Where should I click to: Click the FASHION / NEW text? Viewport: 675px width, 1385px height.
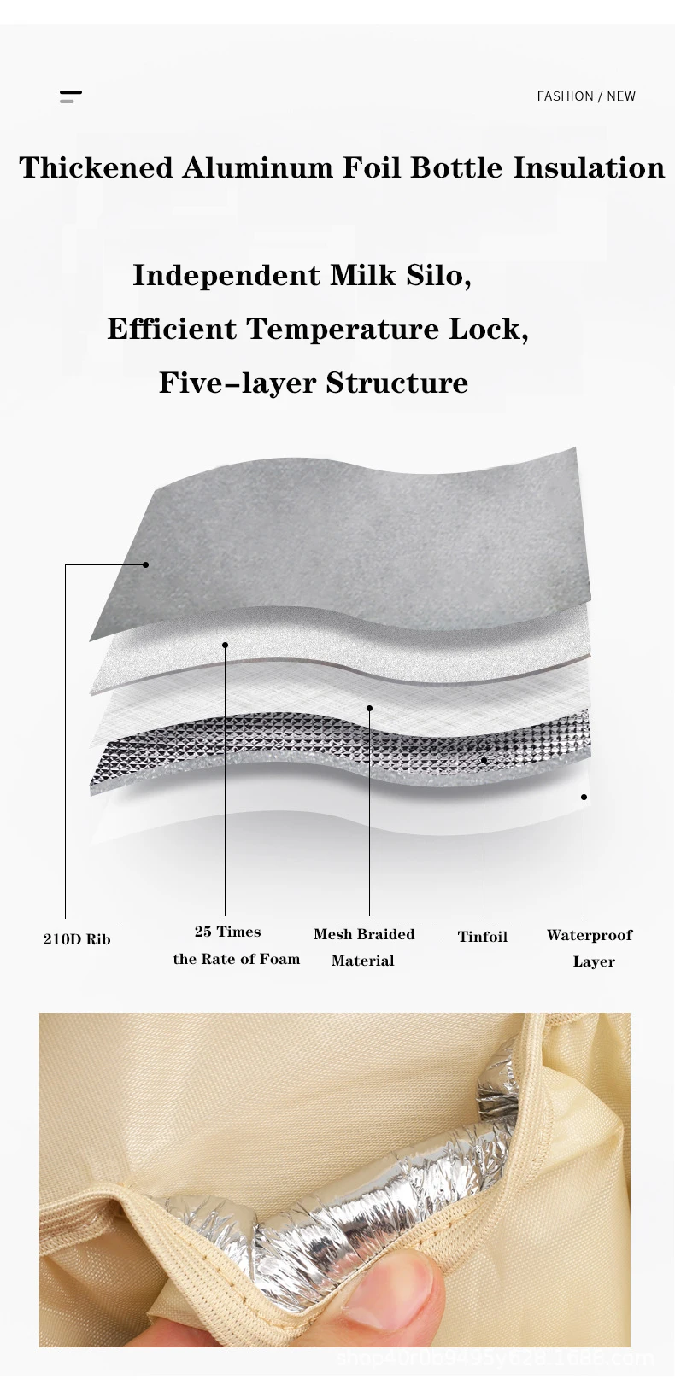(586, 96)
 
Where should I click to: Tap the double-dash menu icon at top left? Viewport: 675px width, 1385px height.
(71, 96)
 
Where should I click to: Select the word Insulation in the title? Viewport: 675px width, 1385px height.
(589, 167)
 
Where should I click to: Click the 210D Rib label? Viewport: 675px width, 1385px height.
(77, 939)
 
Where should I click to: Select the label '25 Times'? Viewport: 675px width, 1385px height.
(227, 932)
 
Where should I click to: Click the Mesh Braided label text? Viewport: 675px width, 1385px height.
(364, 934)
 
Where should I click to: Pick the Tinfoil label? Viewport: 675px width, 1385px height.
(483, 937)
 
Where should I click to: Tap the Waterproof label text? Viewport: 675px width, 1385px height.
(590, 935)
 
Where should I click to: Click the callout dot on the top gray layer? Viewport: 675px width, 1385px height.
(146, 564)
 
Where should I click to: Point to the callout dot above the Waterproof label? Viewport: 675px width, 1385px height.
(584, 798)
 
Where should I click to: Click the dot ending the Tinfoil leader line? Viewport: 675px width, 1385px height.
(484, 760)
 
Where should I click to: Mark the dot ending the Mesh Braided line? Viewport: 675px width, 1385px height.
(369, 708)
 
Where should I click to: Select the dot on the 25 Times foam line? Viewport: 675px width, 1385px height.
(226, 645)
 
